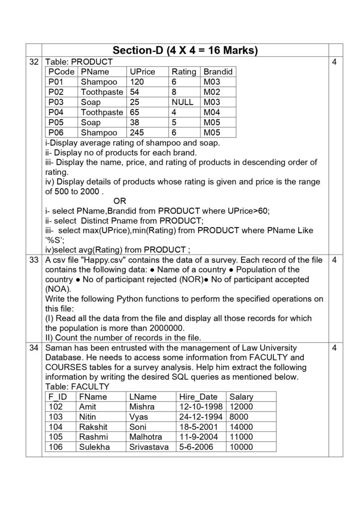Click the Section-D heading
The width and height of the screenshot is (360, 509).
184,51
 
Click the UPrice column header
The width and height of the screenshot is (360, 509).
142,72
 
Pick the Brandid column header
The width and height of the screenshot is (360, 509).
218,72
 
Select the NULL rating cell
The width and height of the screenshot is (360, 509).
182,102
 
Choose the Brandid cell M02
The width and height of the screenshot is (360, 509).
212,92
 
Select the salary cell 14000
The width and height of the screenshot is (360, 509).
241,426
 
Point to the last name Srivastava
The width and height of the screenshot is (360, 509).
149,447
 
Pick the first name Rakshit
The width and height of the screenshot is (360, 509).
93,426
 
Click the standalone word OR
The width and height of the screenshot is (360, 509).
120,201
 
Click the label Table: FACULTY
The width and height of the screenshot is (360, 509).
77,386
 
